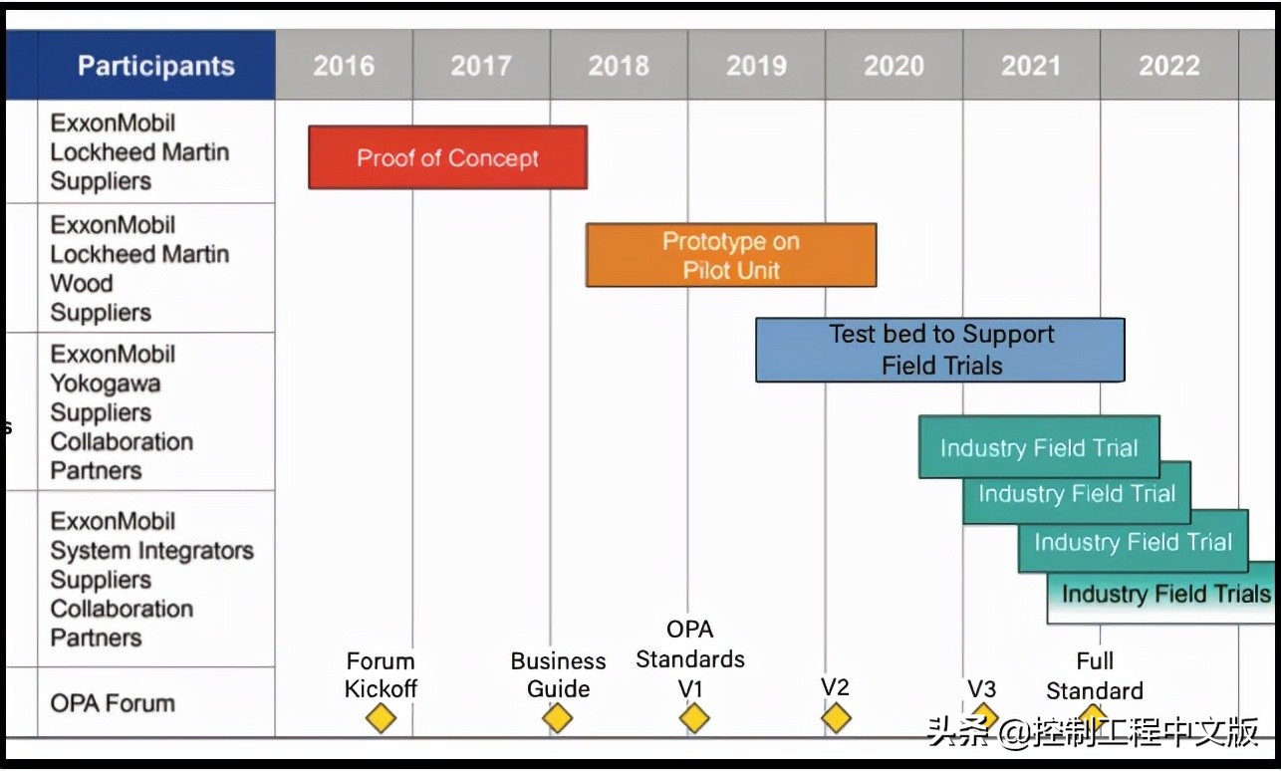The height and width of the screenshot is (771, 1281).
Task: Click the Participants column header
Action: (156, 66)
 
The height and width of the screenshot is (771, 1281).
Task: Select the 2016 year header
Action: (344, 66)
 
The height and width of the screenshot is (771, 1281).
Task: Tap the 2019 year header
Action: (756, 66)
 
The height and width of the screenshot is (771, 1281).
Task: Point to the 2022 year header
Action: (1168, 66)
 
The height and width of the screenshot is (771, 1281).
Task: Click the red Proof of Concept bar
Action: (447, 157)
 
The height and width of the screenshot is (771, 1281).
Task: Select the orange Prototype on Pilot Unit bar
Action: (731, 255)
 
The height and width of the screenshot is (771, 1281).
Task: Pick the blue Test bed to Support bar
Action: (940, 350)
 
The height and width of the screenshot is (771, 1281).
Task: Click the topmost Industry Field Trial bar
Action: (1038, 447)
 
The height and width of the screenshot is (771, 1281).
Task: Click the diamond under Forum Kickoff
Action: (381, 718)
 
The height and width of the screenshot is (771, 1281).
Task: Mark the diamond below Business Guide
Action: (558, 718)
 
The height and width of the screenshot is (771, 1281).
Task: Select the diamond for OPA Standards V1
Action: (694, 718)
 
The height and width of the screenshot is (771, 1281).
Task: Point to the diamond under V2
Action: (836, 718)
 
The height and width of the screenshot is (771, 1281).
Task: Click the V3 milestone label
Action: (981, 688)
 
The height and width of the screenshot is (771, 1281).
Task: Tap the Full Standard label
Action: (1095, 676)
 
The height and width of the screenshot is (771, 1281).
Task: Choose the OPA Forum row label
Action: (113, 703)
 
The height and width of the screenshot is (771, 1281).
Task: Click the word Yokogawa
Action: (106, 384)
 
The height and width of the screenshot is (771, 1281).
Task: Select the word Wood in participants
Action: (82, 284)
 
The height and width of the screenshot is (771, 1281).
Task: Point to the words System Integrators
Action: (152, 551)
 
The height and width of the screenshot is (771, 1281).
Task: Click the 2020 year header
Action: (894, 66)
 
